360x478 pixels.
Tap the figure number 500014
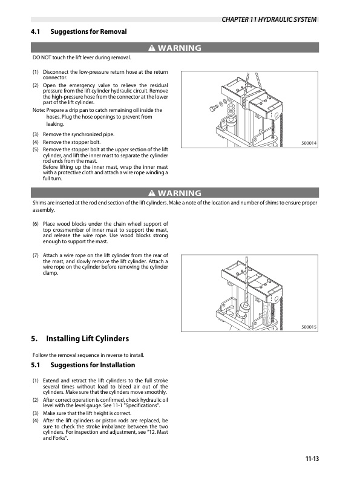tap(309, 143)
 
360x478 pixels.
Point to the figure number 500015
tap(309, 327)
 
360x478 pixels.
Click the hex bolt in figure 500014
tap(214, 108)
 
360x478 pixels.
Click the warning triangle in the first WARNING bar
tap(152, 48)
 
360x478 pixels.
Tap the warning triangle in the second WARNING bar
tap(152, 194)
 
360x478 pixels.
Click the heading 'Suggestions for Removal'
tap(89, 31)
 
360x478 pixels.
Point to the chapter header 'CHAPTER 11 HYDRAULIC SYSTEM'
tap(269, 20)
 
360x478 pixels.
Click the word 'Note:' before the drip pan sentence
tap(38, 110)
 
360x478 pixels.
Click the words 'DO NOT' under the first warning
tap(41, 57)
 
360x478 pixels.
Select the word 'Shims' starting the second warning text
tap(40, 203)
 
